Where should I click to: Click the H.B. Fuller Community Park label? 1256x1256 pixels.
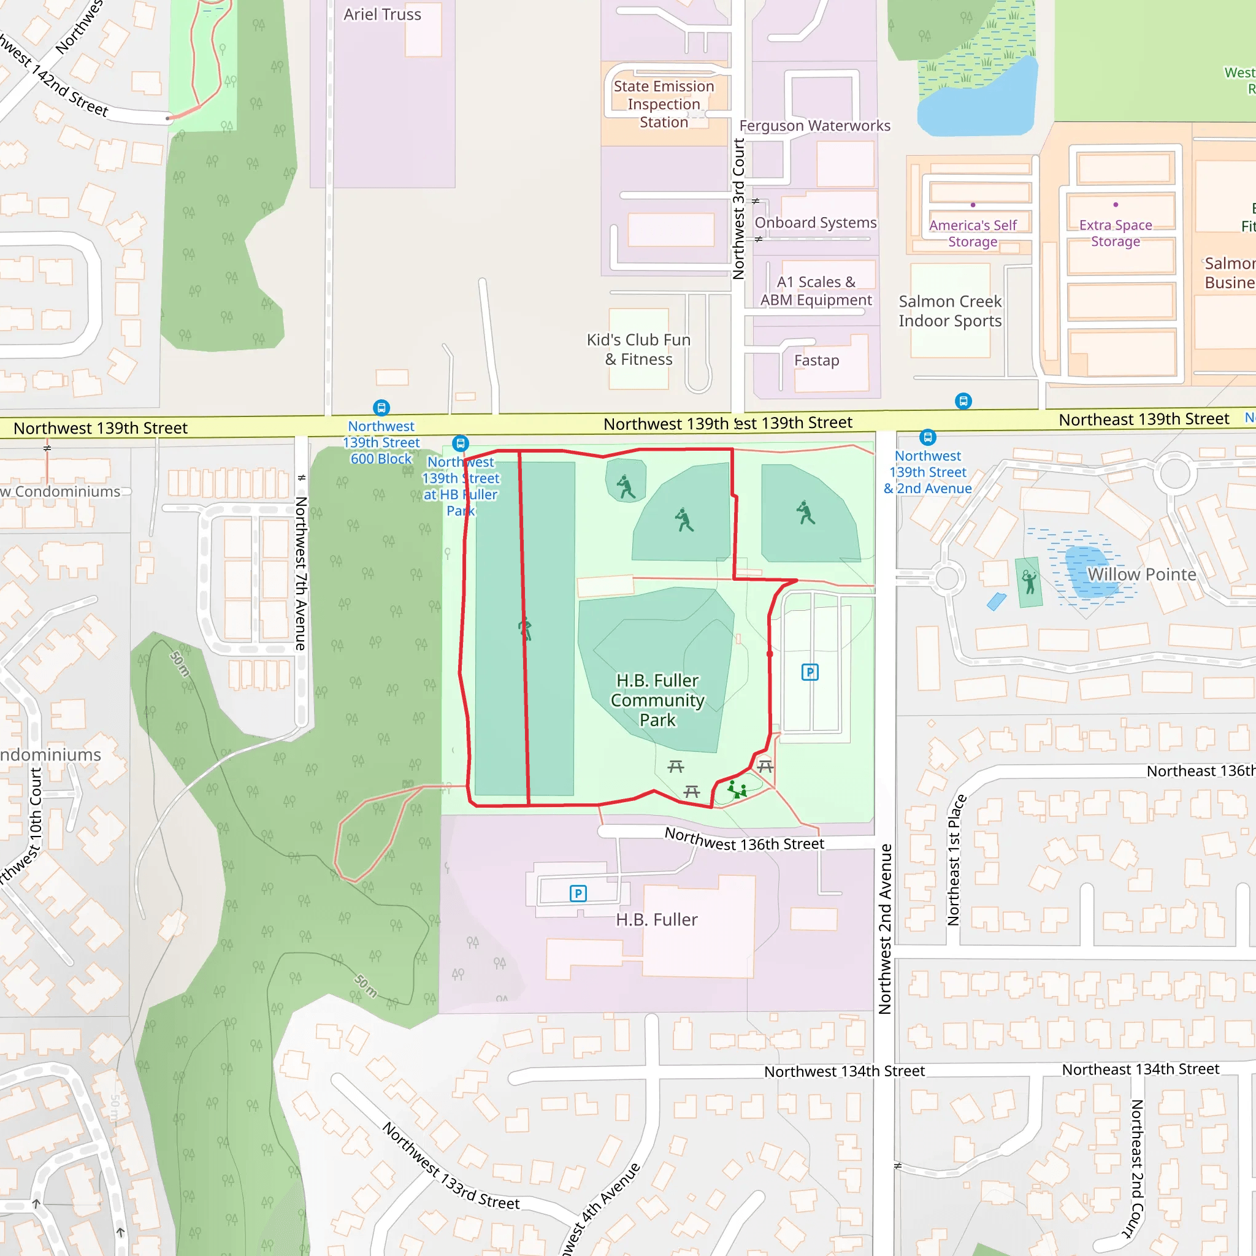coord(657,700)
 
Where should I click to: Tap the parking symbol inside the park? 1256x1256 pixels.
coord(810,672)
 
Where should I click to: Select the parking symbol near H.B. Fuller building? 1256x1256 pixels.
coord(578,893)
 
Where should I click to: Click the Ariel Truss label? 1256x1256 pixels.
coord(382,14)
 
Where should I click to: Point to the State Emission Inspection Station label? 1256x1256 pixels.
coord(664,104)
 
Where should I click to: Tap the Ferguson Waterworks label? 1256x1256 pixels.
coord(814,126)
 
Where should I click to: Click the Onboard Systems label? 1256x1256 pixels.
coord(815,223)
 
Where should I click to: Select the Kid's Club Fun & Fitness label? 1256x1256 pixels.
coord(638,350)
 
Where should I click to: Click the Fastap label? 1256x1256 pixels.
coord(816,360)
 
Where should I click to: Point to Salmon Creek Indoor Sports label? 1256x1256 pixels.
coord(950,311)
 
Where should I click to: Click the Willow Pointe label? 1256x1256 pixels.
coord(1141,575)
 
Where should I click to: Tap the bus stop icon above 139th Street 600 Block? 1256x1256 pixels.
coord(381,408)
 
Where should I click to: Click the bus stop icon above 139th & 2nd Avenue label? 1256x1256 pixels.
coord(928,437)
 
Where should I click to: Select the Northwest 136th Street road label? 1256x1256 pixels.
coord(744,840)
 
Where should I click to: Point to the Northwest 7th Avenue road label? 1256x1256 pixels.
coord(301,573)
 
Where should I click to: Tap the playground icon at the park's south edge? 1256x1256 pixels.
coord(737,791)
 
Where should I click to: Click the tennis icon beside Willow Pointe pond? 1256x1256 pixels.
coord(1029,582)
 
